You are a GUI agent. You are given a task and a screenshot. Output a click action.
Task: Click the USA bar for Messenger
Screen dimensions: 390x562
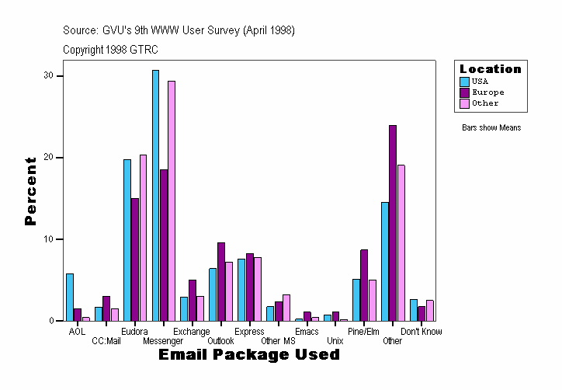click(155, 195)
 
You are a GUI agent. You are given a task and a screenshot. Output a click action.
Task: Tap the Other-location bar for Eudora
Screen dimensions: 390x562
click(144, 238)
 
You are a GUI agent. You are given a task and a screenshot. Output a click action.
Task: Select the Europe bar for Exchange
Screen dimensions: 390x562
click(192, 300)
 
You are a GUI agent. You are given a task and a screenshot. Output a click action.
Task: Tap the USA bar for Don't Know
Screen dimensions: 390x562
click(414, 310)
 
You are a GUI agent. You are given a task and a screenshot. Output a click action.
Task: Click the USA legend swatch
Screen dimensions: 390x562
click(465, 82)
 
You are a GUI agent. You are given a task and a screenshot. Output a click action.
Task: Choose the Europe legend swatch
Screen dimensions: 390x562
click(465, 92)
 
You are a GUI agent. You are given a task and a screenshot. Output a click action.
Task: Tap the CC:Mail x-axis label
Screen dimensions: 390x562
click(106, 340)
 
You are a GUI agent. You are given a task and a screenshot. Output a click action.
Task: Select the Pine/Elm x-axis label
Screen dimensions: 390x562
click(363, 332)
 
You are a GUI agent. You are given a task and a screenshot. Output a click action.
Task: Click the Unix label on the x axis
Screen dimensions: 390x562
click(335, 340)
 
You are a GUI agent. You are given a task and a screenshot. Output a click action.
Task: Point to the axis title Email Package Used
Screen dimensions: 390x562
click(248, 355)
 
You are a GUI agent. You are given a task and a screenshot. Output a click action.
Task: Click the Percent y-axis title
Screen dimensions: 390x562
click(31, 191)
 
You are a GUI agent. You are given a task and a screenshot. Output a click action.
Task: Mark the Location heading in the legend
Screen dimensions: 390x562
click(490, 69)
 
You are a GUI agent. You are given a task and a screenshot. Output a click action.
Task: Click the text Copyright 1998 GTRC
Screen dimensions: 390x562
click(111, 49)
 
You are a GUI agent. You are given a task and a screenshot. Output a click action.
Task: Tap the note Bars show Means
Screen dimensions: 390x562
click(491, 127)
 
